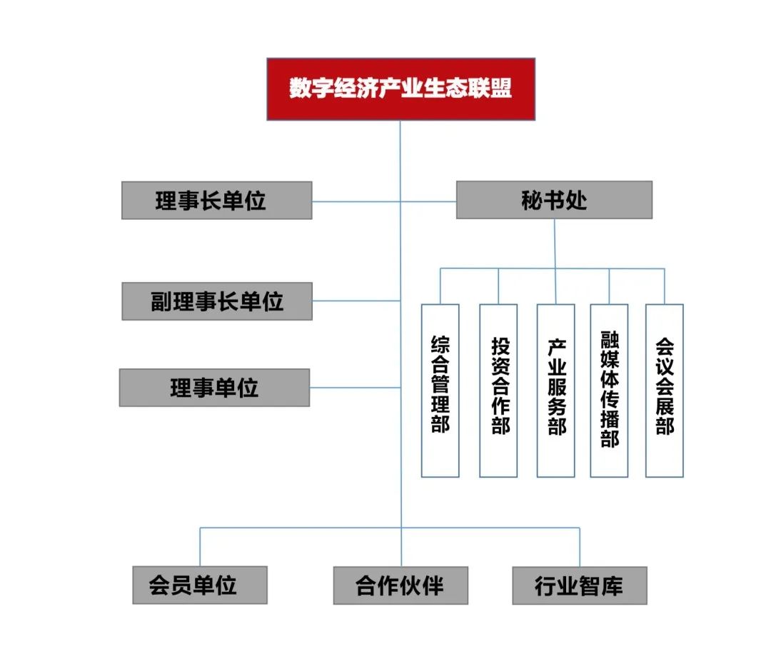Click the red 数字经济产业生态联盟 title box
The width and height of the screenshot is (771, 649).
pos(400,89)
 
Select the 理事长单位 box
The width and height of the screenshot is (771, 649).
pos(216,200)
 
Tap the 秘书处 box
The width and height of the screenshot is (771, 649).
pos(554,200)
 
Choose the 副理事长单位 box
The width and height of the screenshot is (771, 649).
pos(217,301)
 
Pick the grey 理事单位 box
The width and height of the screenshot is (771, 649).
pos(214,388)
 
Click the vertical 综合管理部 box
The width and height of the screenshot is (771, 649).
pos(440,391)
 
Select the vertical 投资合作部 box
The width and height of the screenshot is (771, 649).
pos(498,391)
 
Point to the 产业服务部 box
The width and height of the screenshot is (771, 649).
pos(555,391)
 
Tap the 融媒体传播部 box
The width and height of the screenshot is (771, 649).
pos(609,391)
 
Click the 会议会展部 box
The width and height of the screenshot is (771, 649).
pos(664,391)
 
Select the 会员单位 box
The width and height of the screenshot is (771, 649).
pos(200,585)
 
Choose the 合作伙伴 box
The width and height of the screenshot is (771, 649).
pos(400,585)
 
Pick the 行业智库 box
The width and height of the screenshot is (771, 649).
pos(579,585)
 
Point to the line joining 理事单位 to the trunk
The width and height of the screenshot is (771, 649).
pos(355,388)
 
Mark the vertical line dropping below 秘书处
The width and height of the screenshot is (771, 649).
pos(555,243)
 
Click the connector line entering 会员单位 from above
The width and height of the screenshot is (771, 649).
pos(200,547)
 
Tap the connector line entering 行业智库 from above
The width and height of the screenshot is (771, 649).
pos(579,547)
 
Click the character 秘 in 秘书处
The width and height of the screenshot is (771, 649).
pos(533,200)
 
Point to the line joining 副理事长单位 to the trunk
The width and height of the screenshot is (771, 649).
pos(356,301)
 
